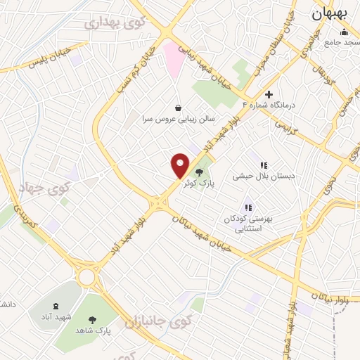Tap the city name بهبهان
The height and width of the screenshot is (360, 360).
(332, 13)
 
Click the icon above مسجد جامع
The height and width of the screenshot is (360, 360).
(344, 32)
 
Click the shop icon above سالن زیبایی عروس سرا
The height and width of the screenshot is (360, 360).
(177, 108)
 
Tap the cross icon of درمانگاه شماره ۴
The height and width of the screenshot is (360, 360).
(268, 94)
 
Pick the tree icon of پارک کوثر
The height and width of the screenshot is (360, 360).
(200, 172)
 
